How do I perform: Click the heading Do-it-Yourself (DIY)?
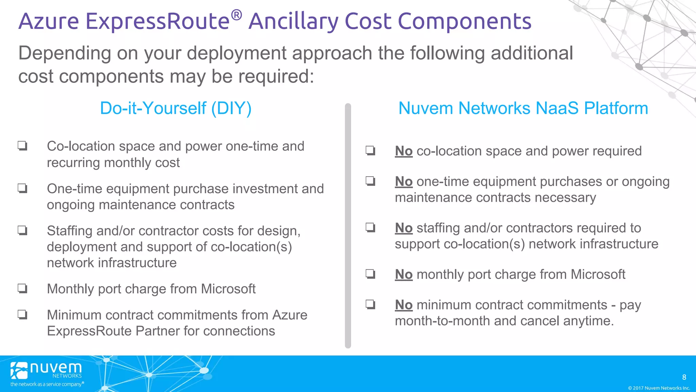click(x=176, y=109)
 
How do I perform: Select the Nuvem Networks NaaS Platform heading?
click(x=523, y=109)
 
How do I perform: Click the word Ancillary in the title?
click(x=293, y=21)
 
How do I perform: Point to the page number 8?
click(x=684, y=377)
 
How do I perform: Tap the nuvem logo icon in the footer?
click(x=19, y=370)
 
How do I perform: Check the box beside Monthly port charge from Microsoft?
click(x=22, y=289)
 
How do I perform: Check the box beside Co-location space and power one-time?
click(x=22, y=146)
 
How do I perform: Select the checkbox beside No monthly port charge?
click(x=370, y=274)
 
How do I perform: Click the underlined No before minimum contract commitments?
click(x=404, y=305)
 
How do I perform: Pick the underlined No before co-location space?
click(x=404, y=151)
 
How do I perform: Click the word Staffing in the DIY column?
click(x=70, y=231)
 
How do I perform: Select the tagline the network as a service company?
click(x=47, y=384)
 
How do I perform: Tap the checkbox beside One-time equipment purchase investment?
click(x=22, y=188)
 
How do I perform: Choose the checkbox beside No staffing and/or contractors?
click(x=370, y=227)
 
